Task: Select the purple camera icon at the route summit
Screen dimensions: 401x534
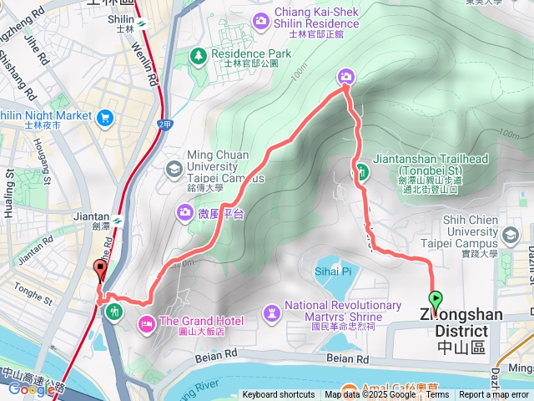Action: pos(346,77)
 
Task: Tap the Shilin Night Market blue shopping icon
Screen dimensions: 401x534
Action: pos(104,116)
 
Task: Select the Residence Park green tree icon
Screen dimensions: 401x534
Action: pos(199,56)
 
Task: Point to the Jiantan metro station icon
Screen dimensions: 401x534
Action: pos(118,221)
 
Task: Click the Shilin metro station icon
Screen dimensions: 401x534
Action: pos(143,23)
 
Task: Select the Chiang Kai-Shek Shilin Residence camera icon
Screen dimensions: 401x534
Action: pos(262,19)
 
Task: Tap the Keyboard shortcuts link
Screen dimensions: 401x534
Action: pos(279,395)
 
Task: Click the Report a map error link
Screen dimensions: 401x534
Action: pos(494,395)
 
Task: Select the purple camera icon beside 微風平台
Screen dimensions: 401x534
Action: pos(184,212)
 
